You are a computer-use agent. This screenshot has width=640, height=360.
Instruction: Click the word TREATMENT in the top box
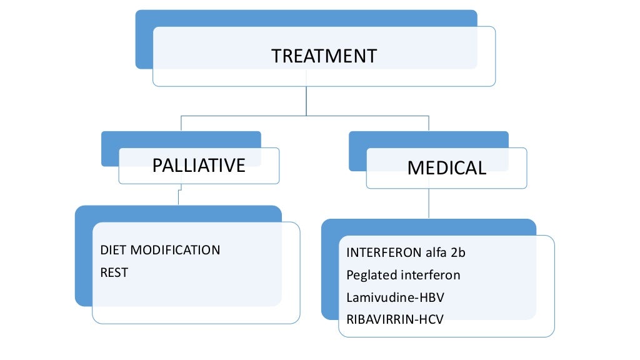coord(324,56)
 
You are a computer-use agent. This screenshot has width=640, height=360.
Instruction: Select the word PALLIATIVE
coord(199,166)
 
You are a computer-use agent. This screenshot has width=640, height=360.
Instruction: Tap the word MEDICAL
coord(446,168)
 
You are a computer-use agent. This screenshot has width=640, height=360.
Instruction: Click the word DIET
coord(113,250)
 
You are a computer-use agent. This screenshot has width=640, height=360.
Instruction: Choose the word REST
coord(114,273)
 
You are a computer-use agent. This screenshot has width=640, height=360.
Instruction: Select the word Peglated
coord(370,275)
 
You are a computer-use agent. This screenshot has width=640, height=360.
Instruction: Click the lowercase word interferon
coord(429,275)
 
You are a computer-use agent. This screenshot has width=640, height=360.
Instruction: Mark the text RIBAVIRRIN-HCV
coord(394,319)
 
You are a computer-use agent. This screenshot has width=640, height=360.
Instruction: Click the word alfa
coord(433,253)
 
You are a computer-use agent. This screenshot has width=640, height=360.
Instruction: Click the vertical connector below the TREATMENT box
coord(306,100)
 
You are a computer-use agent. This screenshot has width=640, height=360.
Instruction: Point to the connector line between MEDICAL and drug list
coord(429,203)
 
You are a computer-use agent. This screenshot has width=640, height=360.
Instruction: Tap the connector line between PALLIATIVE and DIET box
coord(179,195)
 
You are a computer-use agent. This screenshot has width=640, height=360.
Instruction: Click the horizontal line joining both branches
coord(250,116)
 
